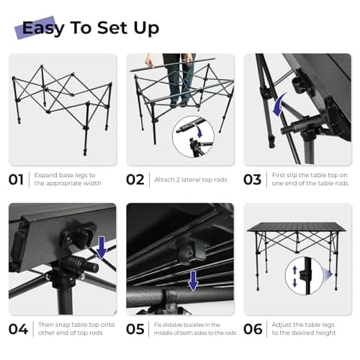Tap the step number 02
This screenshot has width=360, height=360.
135,179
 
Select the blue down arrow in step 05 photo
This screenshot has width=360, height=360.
193,281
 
